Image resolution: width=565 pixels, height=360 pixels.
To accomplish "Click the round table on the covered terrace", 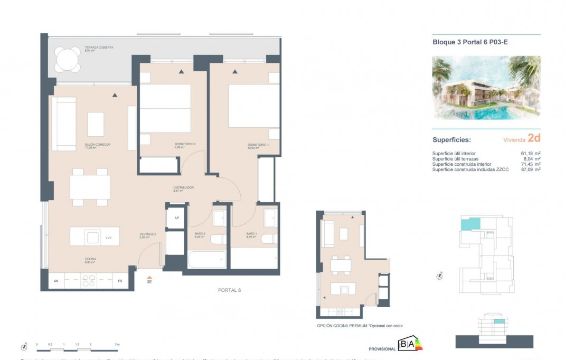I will coord(68,60).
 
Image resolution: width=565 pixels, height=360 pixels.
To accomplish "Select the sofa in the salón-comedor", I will coord(62,124).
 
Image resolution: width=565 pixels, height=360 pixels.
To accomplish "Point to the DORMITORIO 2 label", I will coord(185,145).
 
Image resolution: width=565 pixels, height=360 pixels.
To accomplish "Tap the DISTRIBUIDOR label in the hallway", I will coord(184,187).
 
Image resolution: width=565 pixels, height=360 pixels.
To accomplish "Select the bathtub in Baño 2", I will coord(206,260).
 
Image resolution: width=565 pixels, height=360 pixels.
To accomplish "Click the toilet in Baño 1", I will coord(269,240).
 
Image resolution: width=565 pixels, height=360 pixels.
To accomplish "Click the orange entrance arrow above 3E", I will coord(149,277).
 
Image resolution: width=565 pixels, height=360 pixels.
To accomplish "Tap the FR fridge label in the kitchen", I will coord(120,281).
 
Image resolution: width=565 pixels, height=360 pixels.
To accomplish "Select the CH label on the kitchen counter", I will coord(56,281).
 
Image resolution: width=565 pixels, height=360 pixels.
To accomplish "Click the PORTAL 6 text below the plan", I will coord(229,290).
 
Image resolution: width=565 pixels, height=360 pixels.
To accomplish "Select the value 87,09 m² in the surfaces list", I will coord(530,169).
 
